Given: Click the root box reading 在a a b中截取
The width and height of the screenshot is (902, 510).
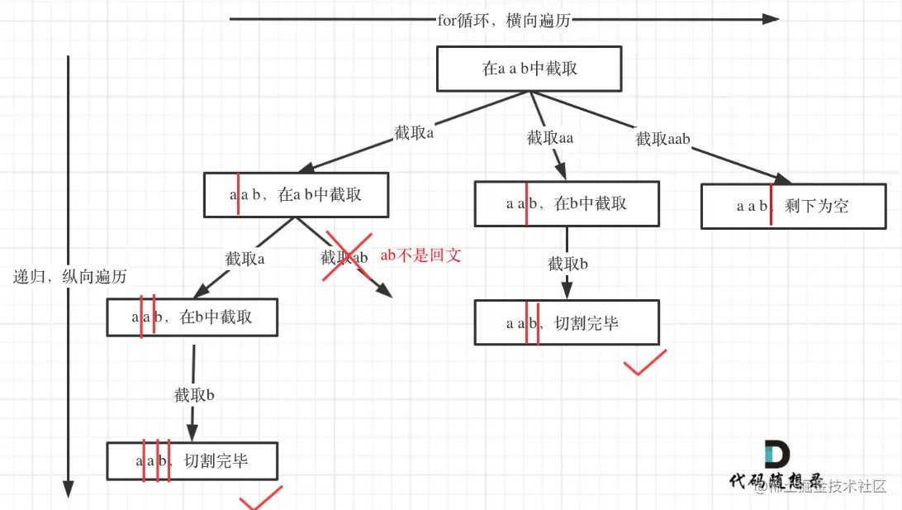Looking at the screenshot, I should (529, 69).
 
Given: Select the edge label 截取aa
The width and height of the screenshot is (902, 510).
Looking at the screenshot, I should (550, 138).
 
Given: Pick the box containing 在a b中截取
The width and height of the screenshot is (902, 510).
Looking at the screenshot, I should (296, 195).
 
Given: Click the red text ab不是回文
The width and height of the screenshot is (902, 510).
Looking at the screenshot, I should (420, 255).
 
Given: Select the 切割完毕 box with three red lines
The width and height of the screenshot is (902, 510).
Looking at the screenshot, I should (192, 461).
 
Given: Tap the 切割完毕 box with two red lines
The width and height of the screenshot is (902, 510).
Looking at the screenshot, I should (567, 322).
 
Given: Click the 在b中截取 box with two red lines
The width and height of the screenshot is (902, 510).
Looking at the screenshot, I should (192, 317).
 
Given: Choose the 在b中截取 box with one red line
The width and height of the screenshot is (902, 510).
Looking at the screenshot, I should (567, 203).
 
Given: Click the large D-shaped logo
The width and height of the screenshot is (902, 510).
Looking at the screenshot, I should (776, 455).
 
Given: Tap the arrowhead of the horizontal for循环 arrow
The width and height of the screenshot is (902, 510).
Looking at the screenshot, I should (771, 19).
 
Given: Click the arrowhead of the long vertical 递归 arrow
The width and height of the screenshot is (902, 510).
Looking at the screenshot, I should (69, 489).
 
